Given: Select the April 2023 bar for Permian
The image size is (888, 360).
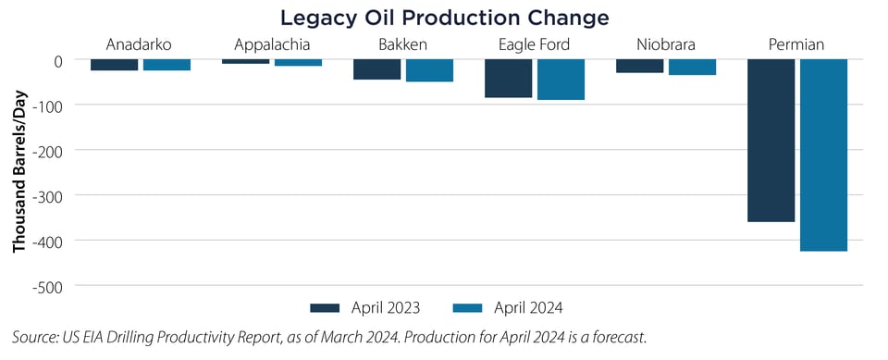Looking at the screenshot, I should [771, 140].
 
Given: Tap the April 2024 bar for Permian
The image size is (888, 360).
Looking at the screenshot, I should [823, 155].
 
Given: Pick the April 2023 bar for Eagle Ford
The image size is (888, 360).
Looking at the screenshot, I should [508, 78].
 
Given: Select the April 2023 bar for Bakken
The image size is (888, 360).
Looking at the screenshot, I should [376, 68].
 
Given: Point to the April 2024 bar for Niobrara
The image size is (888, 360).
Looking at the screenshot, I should [692, 67].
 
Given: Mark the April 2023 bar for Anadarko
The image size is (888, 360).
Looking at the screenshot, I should [115, 64].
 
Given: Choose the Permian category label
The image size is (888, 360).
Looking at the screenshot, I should [797, 43].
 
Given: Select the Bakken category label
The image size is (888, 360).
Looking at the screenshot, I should [402, 43].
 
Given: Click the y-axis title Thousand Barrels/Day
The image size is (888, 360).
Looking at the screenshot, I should [18, 174].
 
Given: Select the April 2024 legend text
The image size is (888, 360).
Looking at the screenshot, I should [529, 307].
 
